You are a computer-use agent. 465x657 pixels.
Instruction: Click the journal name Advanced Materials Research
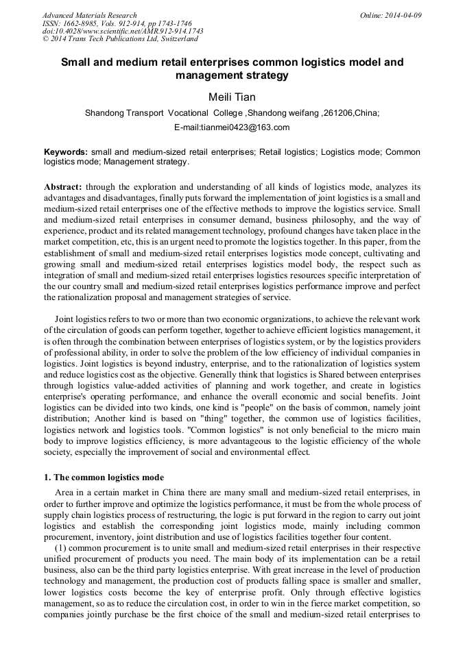click(89, 15)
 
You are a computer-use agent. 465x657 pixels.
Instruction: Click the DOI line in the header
click(123, 31)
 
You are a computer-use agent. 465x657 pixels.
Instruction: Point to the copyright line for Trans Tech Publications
click(120, 39)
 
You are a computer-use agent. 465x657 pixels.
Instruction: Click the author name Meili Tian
click(232, 97)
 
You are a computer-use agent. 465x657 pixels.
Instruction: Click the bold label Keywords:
click(66, 152)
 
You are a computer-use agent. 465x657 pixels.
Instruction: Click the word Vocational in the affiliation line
click(187, 113)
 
